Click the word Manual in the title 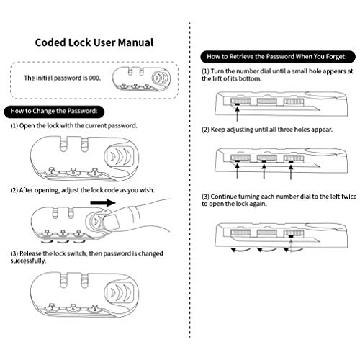[x=135, y=42]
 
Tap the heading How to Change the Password [x=54, y=111]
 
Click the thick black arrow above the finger [x=103, y=203]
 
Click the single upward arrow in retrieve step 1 [x=238, y=114]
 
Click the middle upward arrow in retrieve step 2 [x=264, y=171]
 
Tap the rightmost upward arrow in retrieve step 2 [x=291, y=171]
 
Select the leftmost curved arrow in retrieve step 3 [x=240, y=251]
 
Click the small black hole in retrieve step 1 [x=238, y=104]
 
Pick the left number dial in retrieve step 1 [x=240, y=101]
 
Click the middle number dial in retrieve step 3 [x=267, y=233]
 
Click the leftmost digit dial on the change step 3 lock [x=52, y=307]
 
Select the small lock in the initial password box [x=142, y=79]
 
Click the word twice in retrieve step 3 [x=349, y=197]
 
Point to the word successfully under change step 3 [x=28, y=261]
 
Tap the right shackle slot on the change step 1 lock [x=84, y=144]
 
